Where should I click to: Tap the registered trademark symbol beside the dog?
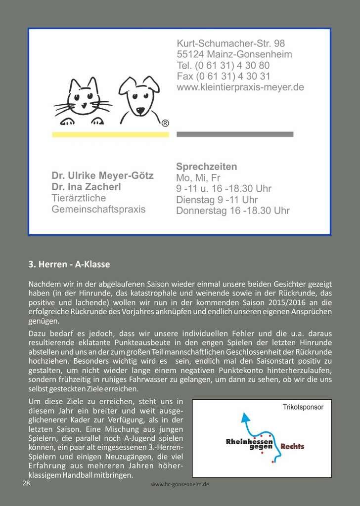(165, 123)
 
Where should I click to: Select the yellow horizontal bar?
(110, 134)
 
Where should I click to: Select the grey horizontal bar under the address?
(235, 134)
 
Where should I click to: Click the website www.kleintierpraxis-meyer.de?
(240, 87)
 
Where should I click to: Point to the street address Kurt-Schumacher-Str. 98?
(231, 43)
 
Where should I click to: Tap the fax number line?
(224, 76)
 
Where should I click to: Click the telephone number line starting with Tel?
(223, 65)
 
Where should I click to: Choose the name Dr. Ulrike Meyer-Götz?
(102, 176)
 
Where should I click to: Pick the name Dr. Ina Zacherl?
(86, 187)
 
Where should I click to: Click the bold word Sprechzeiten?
(207, 167)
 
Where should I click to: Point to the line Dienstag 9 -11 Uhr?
(217, 200)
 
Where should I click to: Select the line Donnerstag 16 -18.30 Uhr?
(233, 211)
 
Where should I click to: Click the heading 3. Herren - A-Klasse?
(69, 265)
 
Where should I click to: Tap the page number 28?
(26, 483)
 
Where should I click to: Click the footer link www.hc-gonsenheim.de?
(180, 485)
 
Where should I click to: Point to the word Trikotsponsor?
(303, 407)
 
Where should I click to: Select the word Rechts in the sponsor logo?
(292, 447)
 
